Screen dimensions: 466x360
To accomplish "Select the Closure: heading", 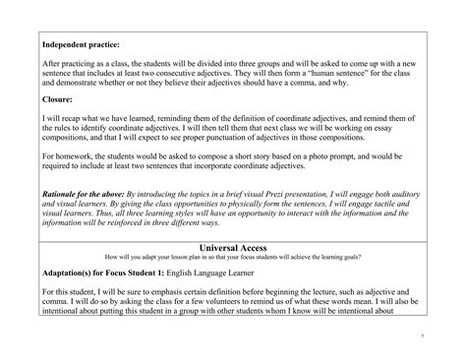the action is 62,99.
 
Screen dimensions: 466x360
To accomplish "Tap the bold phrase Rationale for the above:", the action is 93,197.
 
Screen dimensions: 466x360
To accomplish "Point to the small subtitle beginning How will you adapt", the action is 233,260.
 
